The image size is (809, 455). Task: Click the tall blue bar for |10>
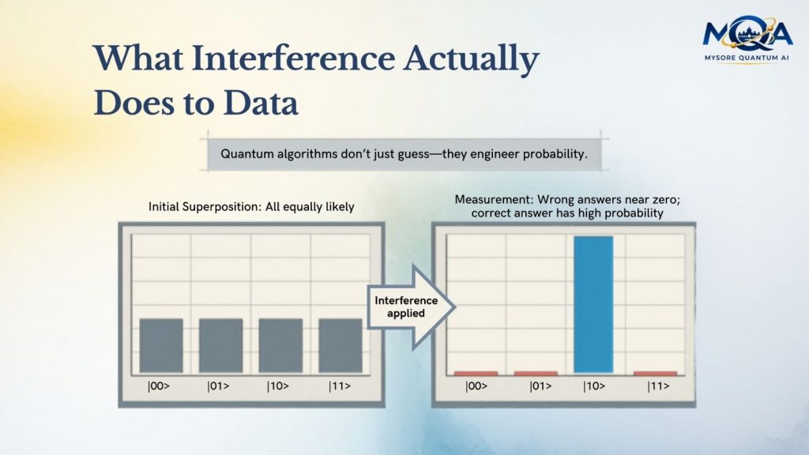click(x=593, y=304)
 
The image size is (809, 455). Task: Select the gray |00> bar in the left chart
click(x=161, y=345)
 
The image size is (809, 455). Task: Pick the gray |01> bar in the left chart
click(x=220, y=345)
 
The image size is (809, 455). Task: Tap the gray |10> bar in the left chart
click(x=280, y=345)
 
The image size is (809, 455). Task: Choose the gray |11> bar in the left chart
click(x=341, y=345)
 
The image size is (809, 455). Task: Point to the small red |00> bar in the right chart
click(x=476, y=373)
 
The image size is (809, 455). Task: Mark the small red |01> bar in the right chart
click(x=536, y=373)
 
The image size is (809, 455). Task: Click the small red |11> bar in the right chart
click(x=655, y=373)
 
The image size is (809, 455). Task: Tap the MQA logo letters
click(x=747, y=35)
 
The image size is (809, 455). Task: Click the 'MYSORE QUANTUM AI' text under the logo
click(x=747, y=57)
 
